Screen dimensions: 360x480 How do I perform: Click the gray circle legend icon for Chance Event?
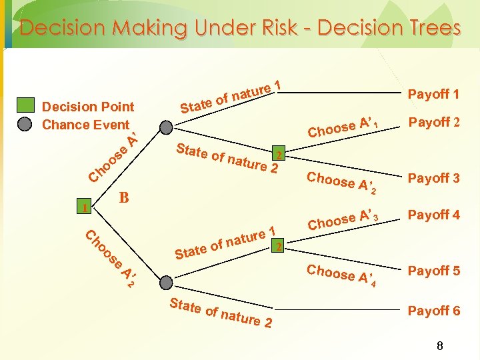[x=25, y=124]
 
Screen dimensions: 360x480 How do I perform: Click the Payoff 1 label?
[x=433, y=94]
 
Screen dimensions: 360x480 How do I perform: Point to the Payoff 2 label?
[x=433, y=122]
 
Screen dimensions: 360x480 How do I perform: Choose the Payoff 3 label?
[x=433, y=178]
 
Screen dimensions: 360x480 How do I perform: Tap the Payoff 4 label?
[x=433, y=215]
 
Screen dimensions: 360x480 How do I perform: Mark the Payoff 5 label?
[x=433, y=271]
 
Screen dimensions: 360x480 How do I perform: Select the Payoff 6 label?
[x=433, y=311]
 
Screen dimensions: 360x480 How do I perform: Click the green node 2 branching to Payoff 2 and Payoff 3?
[x=280, y=155]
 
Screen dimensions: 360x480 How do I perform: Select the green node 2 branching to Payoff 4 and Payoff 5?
[x=280, y=247]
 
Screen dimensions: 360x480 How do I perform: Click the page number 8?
[x=439, y=346]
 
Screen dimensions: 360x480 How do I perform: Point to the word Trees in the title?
[x=427, y=28]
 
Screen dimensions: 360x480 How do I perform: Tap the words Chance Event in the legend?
[x=85, y=125]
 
